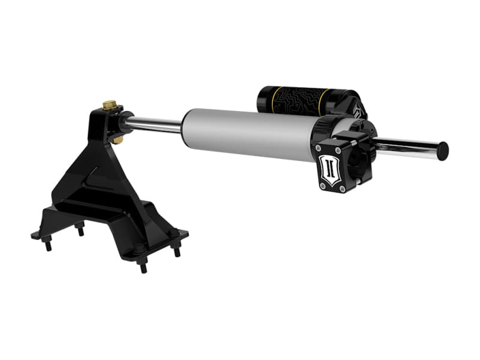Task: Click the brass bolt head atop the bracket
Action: [110, 106]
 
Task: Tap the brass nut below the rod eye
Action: [118, 139]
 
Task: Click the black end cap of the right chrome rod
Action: [443, 150]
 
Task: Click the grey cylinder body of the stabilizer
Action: [246, 131]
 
